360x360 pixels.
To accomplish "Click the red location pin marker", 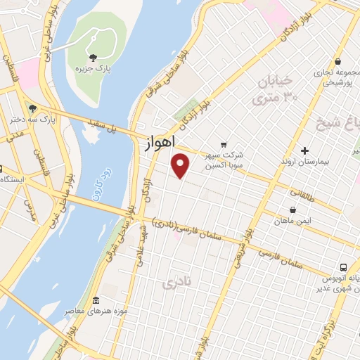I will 181,165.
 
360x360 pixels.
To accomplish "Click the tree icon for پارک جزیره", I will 91,58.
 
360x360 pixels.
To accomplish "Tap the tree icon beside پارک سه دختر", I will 32,108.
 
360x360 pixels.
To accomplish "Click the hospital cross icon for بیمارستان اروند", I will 304,150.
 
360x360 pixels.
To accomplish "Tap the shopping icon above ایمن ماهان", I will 293,209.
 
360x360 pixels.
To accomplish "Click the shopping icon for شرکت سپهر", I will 224,145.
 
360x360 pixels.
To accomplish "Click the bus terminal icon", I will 343,267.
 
